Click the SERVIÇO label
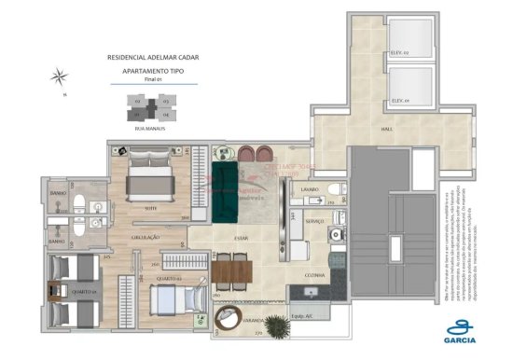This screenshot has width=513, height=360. (x=313, y=221)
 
